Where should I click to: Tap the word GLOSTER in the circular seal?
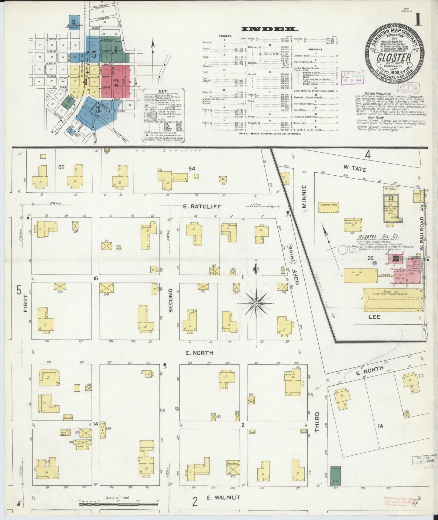[x=394, y=57]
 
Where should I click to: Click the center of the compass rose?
[x=256, y=303]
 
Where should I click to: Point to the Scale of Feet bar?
[x=118, y=504]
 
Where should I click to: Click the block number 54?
[x=192, y=168]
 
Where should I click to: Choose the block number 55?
[x=61, y=167]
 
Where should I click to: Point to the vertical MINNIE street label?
[x=304, y=196]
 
